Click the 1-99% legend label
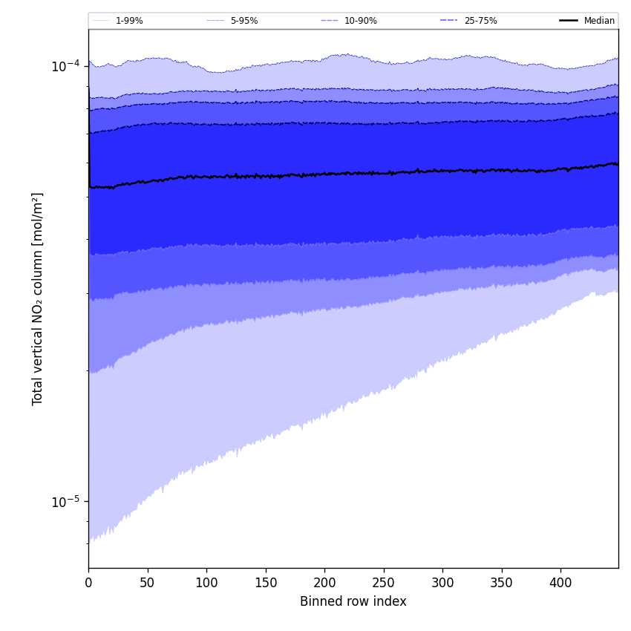[129, 21]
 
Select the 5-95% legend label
[244, 21]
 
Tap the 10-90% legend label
[360, 21]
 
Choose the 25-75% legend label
[480, 21]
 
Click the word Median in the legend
[599, 21]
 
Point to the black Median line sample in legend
[569, 21]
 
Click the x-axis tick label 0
[88, 583]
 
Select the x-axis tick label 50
[148, 583]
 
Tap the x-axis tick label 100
[206, 583]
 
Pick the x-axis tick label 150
[266, 583]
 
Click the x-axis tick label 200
[324, 583]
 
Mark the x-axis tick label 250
[384, 583]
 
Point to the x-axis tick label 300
[442, 583]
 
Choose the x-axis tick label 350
[502, 583]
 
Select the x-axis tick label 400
[560, 583]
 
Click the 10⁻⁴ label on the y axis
[65, 66]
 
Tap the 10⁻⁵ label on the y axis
[65, 502]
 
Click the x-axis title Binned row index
[353, 602]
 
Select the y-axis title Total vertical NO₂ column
[38, 298]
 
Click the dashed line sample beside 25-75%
[448, 21]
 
